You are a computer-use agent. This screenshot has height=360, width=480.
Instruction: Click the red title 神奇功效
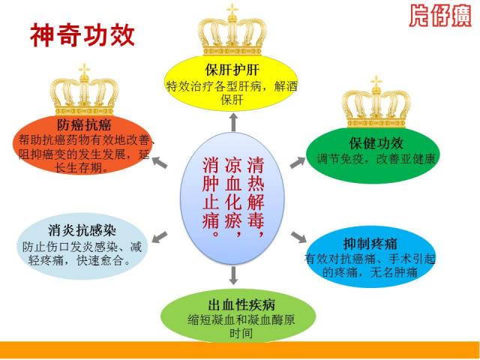coord(82,35)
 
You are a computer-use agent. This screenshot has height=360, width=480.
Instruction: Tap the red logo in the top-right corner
coord(440,16)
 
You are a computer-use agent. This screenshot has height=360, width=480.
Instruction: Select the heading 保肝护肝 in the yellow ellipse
coord(232,70)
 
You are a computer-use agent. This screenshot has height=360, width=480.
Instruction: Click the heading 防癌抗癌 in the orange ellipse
coord(84,125)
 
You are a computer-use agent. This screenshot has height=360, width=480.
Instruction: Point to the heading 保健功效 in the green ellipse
coord(376,143)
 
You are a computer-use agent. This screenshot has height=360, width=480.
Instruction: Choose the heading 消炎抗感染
coord(82,230)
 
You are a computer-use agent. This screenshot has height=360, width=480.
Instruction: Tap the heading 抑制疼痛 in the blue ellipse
coord(370,244)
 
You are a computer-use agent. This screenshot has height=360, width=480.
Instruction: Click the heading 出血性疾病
coord(241,304)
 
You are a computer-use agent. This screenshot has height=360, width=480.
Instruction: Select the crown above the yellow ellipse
coord(232,30)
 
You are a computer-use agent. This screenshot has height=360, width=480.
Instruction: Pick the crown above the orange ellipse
coord(84,89)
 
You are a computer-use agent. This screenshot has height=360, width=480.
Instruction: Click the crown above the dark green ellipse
coord(376,102)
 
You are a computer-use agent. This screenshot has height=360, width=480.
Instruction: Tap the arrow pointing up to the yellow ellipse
coord(233,121)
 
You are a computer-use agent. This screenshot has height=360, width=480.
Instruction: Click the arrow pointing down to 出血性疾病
coord(233,275)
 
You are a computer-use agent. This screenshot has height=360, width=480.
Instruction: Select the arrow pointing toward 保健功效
coord(298,162)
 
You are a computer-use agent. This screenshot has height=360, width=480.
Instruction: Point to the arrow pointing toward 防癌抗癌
coord(160,162)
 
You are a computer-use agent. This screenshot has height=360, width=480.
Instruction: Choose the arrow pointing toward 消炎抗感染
coord(160,237)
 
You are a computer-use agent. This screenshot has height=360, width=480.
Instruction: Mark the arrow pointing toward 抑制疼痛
coord(298,237)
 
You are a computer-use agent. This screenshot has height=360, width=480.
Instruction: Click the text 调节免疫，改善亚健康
coord(376,159)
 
